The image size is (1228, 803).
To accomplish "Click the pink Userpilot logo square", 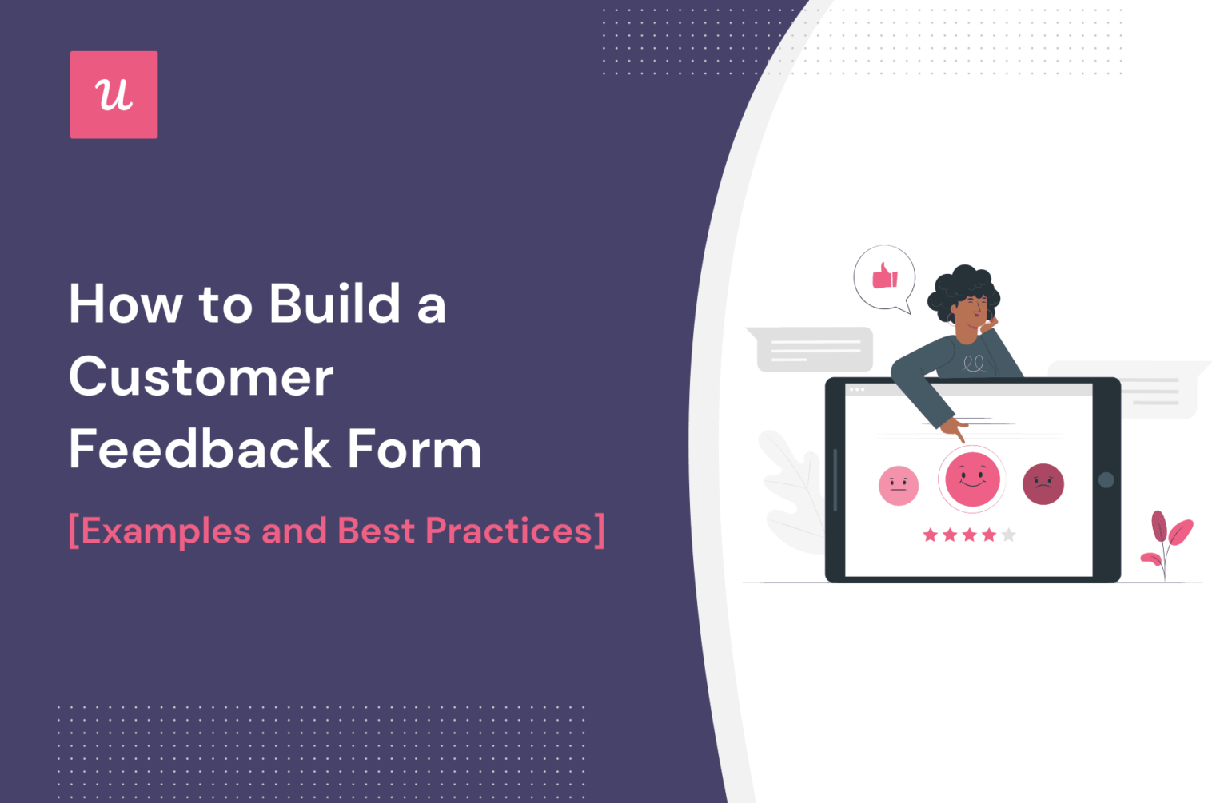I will [x=114, y=95].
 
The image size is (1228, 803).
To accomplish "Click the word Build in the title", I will [x=334, y=304].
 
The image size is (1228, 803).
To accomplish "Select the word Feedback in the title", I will [x=200, y=449].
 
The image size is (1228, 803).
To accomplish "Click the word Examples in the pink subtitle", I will [x=165, y=531].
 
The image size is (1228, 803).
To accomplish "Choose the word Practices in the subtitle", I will [x=509, y=531].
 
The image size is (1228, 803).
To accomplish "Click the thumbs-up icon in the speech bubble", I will [x=885, y=276].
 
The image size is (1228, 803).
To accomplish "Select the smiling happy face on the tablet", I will [x=972, y=479].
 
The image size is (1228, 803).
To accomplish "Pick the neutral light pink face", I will [x=899, y=485].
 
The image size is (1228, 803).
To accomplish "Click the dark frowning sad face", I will [x=1043, y=484].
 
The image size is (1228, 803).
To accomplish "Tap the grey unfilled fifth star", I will [x=1009, y=535].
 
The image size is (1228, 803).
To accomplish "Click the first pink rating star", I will [x=930, y=535].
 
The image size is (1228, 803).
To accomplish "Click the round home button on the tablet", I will [x=1106, y=480].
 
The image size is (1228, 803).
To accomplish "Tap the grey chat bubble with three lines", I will [x=814, y=349].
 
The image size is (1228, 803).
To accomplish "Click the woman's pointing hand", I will [x=953, y=429].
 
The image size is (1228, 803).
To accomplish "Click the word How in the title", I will [x=126, y=304].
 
